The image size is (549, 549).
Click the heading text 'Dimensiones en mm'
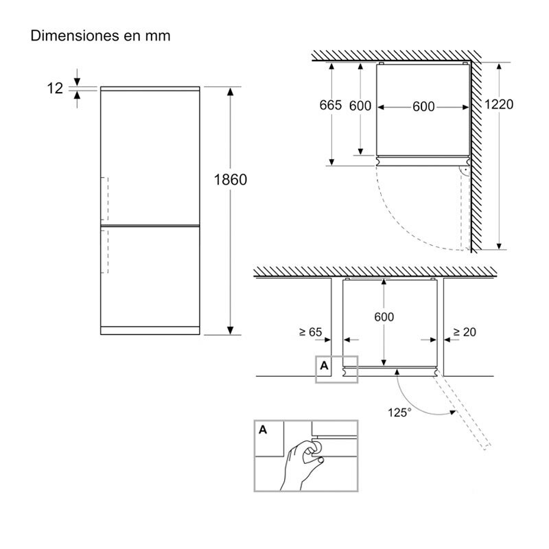(x=100, y=36)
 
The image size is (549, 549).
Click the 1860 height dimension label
(x=231, y=180)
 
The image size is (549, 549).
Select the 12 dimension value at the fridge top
(x=55, y=89)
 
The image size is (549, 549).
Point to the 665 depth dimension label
(x=330, y=105)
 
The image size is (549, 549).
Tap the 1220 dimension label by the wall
(x=499, y=104)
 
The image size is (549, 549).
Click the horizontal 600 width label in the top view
(x=423, y=106)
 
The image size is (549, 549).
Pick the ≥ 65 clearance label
(x=311, y=331)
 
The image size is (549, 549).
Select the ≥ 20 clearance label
(x=465, y=331)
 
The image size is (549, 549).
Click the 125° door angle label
(x=399, y=412)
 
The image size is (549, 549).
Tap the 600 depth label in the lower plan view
(x=384, y=317)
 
